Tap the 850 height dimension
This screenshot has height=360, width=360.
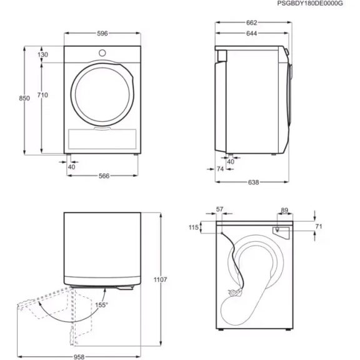click(24, 99)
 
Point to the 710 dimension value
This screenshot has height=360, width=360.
click(42, 95)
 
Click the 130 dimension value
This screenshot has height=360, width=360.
click(42, 55)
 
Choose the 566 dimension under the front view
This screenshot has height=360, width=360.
click(104, 176)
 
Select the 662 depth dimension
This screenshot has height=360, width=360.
click(251, 22)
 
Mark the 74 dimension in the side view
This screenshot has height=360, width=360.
click(221, 169)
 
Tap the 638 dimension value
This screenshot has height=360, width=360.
click(252, 182)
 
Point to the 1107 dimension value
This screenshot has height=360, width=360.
click(160, 279)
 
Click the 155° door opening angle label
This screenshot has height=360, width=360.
click(102, 305)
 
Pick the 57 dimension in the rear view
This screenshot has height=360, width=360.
click(219, 210)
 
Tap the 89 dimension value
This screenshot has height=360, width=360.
click(285, 210)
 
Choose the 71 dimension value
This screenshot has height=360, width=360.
click(318, 226)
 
